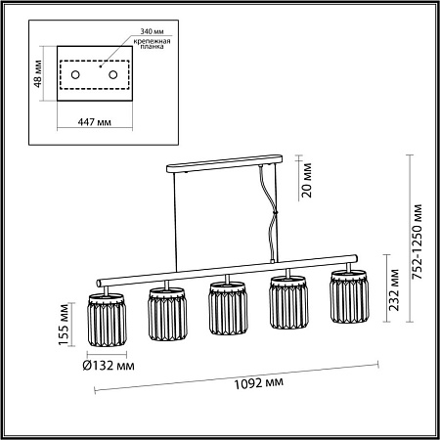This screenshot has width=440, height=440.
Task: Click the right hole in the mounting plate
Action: tap(113, 75)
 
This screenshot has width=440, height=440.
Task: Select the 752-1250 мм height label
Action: tap(417, 242)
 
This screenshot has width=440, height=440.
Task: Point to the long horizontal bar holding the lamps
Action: tap(225, 274)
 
